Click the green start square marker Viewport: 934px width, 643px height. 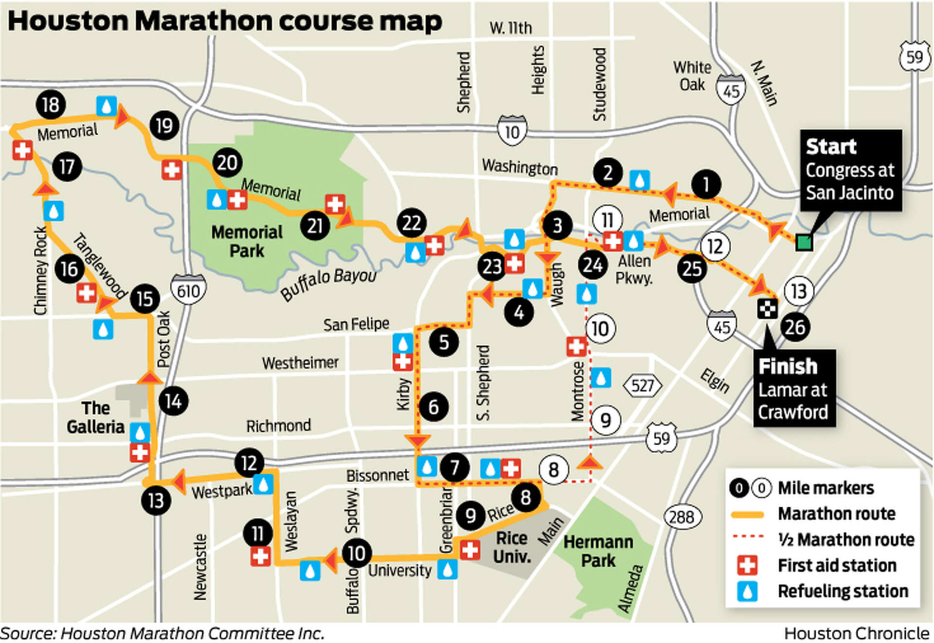(804, 242)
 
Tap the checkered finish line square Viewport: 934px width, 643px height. (767, 308)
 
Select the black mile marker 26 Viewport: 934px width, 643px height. (795, 327)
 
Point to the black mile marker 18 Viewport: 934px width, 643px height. (51, 105)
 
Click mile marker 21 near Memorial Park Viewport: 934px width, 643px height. (315, 226)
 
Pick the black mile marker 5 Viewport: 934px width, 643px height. (444, 342)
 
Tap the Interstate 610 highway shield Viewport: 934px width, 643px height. (188, 290)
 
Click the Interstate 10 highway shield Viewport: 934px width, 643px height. (512, 131)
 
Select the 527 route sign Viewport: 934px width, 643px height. (642, 386)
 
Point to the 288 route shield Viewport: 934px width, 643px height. (683, 517)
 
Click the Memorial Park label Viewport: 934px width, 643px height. (247, 241)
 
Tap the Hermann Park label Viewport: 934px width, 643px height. (598, 551)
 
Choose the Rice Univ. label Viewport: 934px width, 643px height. (511, 547)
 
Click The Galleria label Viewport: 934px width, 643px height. (95, 417)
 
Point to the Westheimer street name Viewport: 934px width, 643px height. (300, 363)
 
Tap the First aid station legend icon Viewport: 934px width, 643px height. (747, 565)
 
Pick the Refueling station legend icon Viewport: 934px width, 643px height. (747, 591)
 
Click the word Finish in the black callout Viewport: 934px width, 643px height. (788, 366)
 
